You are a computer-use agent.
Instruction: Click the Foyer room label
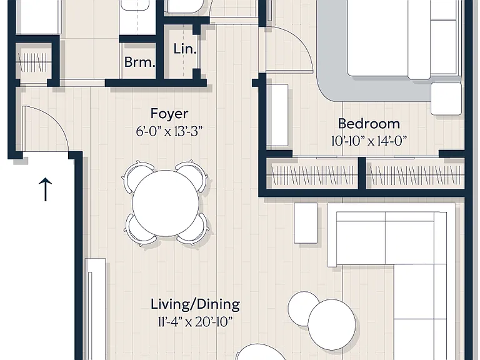(169, 114)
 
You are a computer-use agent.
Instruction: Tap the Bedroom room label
(369, 124)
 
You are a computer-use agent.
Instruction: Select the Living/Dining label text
(195, 304)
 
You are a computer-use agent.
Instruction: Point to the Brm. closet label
(139, 62)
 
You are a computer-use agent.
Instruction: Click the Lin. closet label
(184, 49)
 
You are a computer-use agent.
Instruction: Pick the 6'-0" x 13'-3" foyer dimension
(169, 132)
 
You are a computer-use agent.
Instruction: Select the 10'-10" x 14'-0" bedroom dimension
(369, 141)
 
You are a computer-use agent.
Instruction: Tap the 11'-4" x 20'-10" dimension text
(195, 322)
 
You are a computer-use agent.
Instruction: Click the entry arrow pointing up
(45, 189)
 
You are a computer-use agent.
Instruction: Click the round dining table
(166, 203)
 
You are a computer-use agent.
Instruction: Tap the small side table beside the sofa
(306, 223)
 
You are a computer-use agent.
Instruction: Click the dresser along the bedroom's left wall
(277, 115)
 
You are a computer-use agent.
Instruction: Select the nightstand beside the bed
(446, 99)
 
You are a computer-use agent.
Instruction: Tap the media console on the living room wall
(96, 309)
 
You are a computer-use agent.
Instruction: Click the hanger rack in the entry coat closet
(33, 62)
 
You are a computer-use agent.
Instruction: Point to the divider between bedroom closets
(362, 174)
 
